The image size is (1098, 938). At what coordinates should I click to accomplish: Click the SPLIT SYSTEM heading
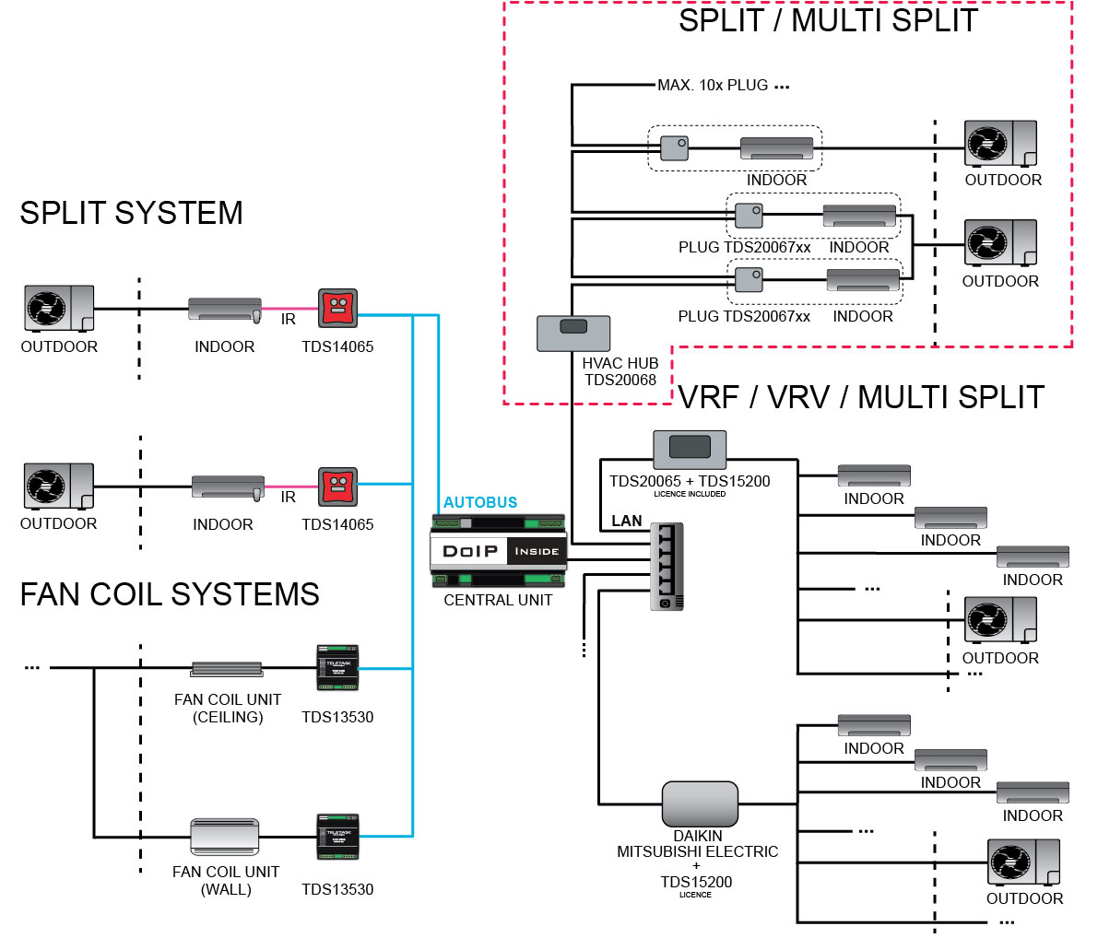tap(131, 213)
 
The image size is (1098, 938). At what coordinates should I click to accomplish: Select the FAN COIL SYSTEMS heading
tap(170, 594)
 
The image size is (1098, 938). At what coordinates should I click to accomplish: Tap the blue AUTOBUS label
tap(480, 502)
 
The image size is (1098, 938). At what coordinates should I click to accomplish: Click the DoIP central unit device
tap(498, 550)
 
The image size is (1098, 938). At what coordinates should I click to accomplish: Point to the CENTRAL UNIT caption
tap(498, 600)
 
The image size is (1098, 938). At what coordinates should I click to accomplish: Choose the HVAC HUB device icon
tap(573, 333)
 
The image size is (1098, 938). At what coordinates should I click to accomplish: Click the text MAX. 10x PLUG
tap(713, 86)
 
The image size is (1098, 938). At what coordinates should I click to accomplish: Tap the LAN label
tap(627, 521)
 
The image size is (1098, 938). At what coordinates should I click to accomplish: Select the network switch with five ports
tap(667, 566)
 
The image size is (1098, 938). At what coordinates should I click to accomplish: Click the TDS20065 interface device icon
tap(690, 449)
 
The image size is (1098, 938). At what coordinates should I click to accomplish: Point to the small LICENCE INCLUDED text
tap(690, 495)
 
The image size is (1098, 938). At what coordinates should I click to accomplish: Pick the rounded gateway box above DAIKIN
tap(700, 804)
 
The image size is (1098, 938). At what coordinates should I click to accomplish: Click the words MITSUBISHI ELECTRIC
tap(697, 852)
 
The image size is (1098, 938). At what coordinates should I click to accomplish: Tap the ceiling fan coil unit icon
tap(227, 670)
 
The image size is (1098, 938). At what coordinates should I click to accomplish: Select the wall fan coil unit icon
tap(225, 837)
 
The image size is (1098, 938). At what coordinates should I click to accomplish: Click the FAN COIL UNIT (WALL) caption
tap(226, 880)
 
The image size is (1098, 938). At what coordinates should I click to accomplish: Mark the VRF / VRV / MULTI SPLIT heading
tap(861, 397)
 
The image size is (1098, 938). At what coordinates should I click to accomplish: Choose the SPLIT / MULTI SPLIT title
tap(828, 20)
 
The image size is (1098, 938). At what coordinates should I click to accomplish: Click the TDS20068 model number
tap(620, 380)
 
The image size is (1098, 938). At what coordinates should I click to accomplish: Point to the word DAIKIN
tap(698, 837)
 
